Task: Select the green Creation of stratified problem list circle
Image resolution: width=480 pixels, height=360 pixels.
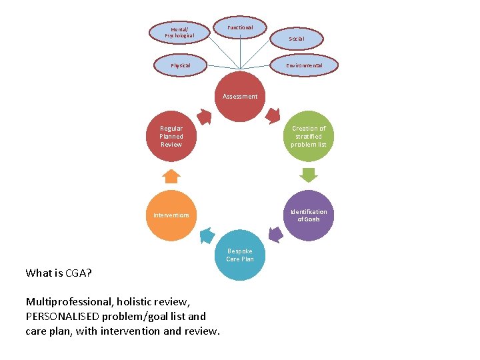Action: pos(309,137)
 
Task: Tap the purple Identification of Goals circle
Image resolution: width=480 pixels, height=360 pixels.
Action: pos(308,215)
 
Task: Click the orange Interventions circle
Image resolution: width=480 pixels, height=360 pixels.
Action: pos(171,215)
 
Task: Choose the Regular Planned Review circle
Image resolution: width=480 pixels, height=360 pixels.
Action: pos(171,137)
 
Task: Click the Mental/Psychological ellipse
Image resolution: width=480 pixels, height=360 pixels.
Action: pos(178,31)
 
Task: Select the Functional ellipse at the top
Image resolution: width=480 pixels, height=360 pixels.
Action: pos(240,27)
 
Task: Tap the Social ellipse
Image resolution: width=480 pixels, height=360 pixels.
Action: pos(297,39)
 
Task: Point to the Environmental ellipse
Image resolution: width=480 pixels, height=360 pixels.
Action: pos(304,65)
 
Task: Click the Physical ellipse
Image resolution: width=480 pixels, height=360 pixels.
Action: pos(180,65)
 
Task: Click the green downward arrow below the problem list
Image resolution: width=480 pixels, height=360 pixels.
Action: pos(309,175)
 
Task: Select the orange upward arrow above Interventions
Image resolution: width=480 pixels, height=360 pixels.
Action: pos(171,176)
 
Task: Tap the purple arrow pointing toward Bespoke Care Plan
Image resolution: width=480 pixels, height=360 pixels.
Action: pos(275,233)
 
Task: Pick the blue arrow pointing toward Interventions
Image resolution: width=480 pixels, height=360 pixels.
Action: pos(206,235)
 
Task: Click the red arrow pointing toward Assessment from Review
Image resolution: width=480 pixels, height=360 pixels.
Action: pos(205,117)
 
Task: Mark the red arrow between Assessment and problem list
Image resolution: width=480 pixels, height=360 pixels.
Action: pos(273,116)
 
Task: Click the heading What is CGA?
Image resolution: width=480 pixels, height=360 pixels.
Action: pos(59,273)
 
